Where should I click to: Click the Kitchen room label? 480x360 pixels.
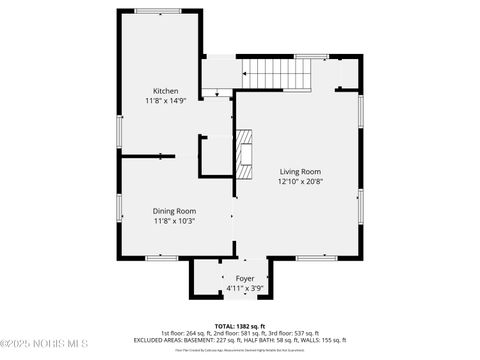(166, 91)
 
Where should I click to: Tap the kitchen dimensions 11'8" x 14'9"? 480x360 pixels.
(166, 101)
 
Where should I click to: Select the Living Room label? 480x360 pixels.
(300, 172)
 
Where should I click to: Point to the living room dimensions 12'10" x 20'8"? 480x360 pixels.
(300, 182)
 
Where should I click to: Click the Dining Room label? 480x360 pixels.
(174, 211)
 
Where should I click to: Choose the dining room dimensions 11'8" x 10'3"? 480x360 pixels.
(174, 221)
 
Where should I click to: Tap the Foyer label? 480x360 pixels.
(245, 278)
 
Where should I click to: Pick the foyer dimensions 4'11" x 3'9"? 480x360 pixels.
(245, 288)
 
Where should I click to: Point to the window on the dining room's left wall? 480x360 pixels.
(119, 208)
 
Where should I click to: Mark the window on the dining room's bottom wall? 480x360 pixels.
(160, 258)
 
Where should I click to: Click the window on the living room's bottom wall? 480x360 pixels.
(316, 258)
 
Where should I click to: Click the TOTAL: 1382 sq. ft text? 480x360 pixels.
(240, 326)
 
